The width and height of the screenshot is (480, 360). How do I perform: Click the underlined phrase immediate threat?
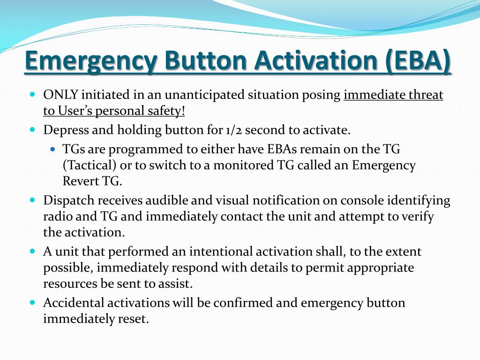(393, 95)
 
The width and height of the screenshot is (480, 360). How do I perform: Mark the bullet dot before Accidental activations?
(32, 302)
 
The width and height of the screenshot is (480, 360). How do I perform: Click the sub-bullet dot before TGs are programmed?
(53, 149)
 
